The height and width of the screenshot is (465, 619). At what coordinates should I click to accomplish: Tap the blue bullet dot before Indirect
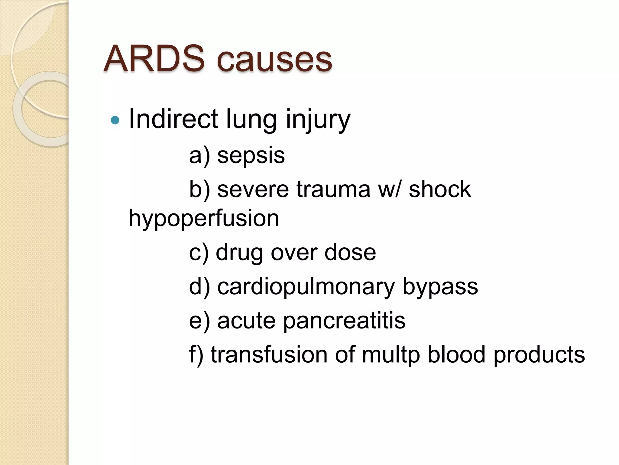tap(115, 120)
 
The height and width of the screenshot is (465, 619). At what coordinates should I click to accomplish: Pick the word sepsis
tap(251, 156)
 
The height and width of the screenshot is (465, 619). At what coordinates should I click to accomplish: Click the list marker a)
tap(199, 156)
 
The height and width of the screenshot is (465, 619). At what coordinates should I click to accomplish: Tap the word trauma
tap(333, 189)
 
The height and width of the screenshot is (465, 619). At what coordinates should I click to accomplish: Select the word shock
tap(440, 189)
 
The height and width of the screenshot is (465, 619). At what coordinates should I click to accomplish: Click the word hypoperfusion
tap(204, 219)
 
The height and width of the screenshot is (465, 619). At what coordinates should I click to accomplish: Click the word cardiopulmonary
tap(306, 287)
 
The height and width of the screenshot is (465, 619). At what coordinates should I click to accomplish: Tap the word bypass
tap(440, 287)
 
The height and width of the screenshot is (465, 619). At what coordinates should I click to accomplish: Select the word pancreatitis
tap(344, 321)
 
